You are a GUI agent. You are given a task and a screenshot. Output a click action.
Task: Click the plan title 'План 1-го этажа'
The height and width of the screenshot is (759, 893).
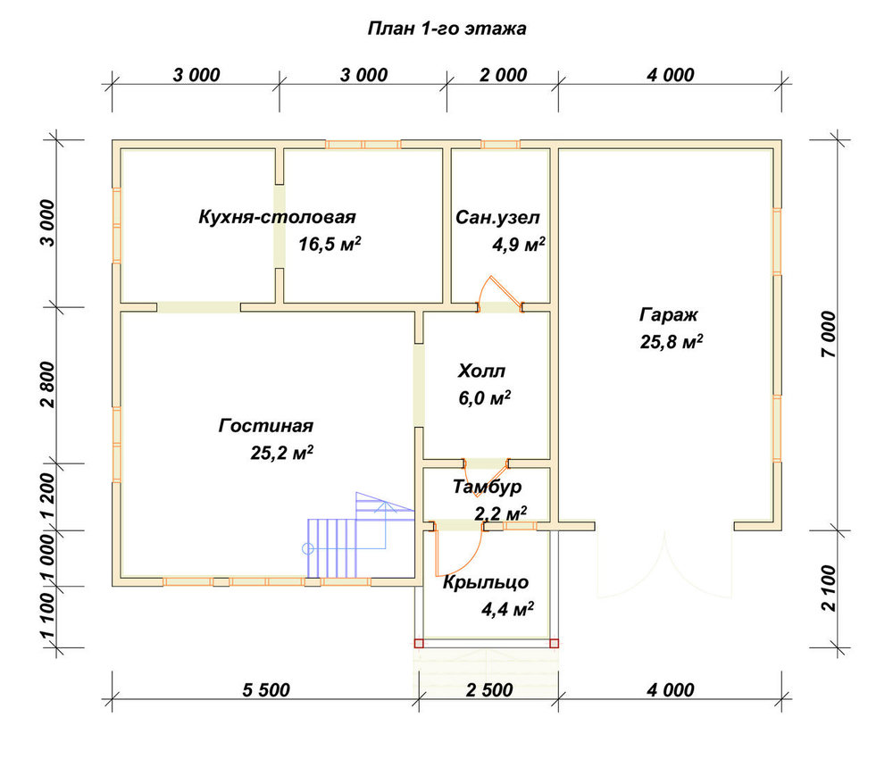coord(446,29)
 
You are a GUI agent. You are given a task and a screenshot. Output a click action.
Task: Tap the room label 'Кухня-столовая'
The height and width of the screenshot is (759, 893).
coord(277,217)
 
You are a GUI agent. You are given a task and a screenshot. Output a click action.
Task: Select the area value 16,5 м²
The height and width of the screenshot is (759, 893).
coord(330,245)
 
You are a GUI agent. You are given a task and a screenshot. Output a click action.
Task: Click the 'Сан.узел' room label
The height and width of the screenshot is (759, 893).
coord(497,218)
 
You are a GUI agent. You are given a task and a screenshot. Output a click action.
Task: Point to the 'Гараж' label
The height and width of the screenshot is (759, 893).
coord(668,315)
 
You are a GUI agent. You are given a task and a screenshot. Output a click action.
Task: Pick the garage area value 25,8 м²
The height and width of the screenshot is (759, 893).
coord(672,342)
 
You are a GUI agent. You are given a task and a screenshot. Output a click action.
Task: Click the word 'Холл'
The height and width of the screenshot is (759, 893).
coord(481,371)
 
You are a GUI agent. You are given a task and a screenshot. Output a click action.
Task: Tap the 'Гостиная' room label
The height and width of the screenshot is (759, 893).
coord(266,426)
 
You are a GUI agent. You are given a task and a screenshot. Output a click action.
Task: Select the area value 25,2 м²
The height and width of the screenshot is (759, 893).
coord(282,454)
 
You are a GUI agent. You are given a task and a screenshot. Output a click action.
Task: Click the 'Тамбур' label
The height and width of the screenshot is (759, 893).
coord(487,487)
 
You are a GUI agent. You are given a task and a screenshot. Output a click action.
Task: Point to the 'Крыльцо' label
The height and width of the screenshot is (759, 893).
coord(486,582)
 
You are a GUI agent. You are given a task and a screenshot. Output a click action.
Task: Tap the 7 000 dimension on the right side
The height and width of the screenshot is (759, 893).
coord(829,334)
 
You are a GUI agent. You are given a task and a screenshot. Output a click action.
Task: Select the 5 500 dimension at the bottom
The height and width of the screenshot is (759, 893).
coord(266,690)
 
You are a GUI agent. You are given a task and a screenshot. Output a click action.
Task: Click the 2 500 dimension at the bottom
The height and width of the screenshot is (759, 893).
coord(489,690)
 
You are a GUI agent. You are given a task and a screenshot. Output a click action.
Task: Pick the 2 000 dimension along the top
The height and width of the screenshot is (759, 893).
coord(504,75)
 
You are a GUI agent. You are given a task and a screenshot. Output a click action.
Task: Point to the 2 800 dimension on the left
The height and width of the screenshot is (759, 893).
coord(49,384)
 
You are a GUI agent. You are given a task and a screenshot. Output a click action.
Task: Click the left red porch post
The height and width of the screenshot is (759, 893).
coord(419,644)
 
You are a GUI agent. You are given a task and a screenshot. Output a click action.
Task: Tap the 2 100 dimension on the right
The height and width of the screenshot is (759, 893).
coord(829,588)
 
